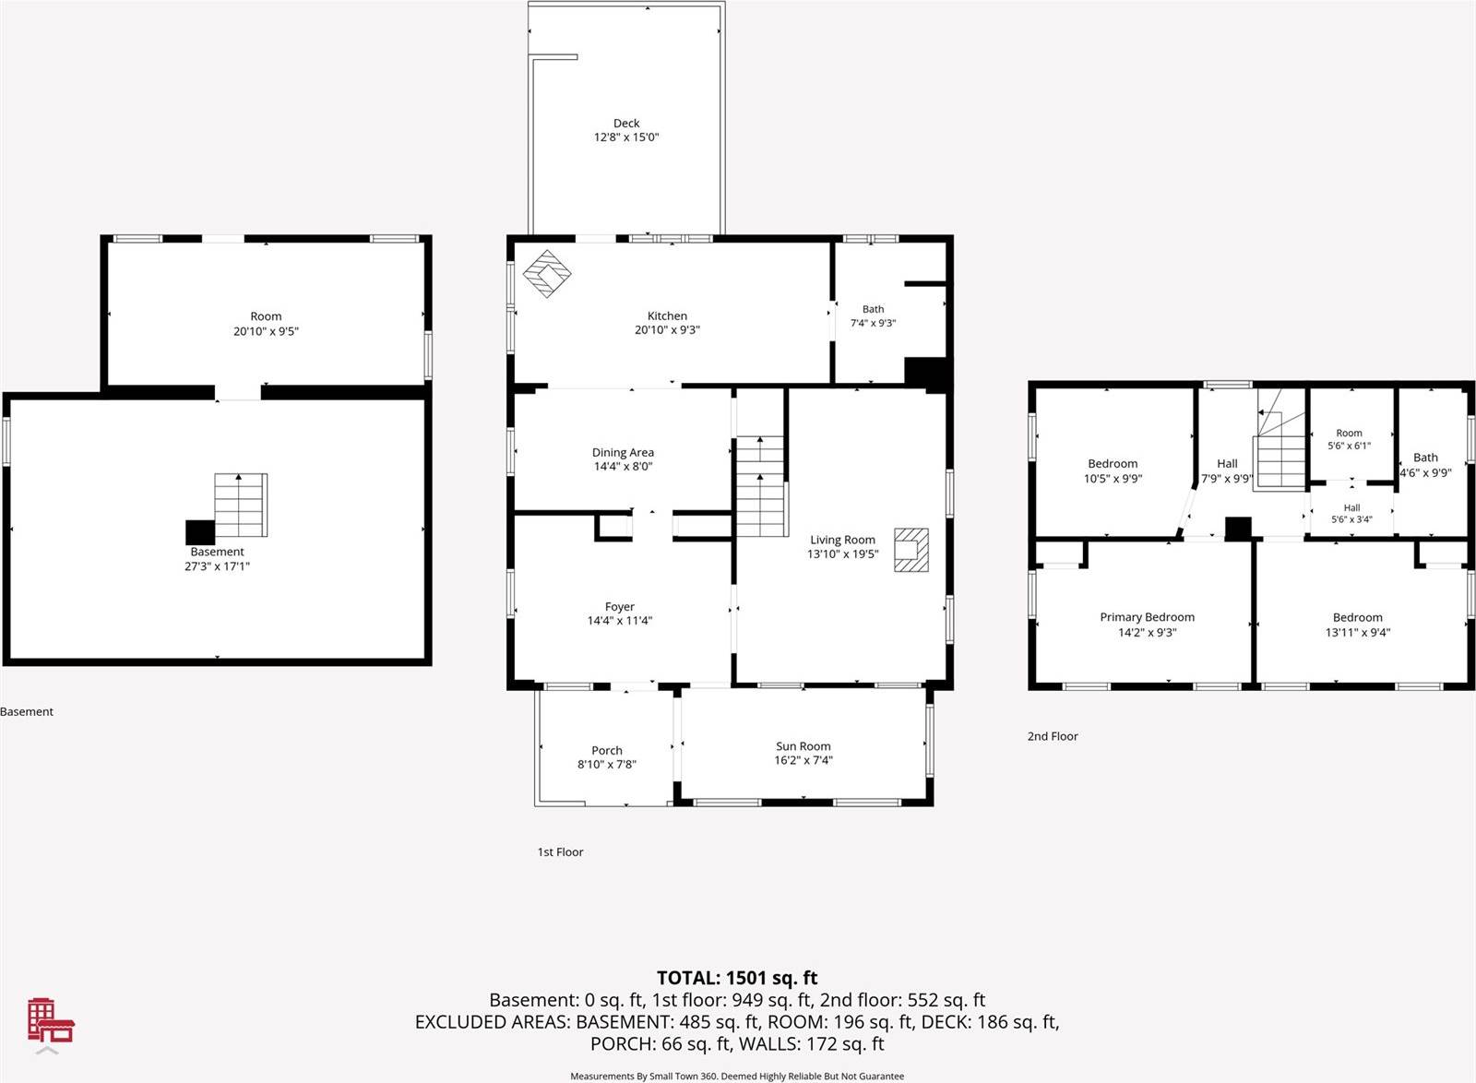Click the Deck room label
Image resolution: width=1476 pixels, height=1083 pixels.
tap(626, 124)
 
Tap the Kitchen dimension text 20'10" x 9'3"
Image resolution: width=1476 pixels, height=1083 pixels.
tap(667, 330)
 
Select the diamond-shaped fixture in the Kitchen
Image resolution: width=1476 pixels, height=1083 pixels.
tap(547, 273)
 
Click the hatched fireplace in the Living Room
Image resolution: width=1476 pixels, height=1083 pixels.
tap(911, 550)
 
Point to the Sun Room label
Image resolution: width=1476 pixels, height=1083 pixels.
tap(803, 745)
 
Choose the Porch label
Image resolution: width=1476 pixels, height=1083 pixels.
tap(606, 750)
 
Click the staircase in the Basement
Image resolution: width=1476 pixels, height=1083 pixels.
tap(241, 506)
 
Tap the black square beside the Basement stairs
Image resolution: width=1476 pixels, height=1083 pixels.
tap(200, 532)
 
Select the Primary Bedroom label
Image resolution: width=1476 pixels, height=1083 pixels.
tap(1148, 617)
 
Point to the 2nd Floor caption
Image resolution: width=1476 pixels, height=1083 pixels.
tap(1053, 736)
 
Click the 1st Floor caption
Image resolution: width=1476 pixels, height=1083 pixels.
tap(560, 851)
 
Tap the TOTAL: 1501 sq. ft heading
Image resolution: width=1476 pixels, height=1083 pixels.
tap(737, 978)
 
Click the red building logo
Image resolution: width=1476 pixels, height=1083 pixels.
tap(51, 1020)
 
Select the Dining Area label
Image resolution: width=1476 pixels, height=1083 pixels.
tap(623, 453)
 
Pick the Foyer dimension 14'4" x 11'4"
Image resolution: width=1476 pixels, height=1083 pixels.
tap(619, 620)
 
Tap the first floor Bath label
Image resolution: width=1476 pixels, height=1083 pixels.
tap(873, 309)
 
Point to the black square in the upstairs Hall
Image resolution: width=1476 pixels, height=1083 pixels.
tap(1237, 530)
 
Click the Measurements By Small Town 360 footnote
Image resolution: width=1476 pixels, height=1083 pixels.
tap(737, 1076)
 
